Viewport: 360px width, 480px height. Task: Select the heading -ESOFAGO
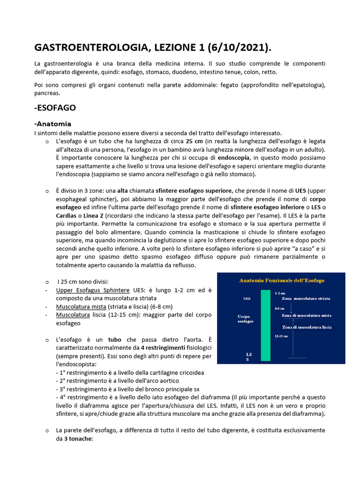[x=55, y=108]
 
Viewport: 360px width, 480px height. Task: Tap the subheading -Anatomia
[x=53, y=124]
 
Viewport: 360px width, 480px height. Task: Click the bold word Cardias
[x=67, y=216]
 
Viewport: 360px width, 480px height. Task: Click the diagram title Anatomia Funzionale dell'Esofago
[x=282, y=280]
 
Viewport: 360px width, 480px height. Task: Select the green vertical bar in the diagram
[x=265, y=325]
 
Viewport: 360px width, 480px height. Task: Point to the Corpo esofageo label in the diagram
[x=246, y=319]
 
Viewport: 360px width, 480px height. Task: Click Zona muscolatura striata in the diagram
[x=306, y=298]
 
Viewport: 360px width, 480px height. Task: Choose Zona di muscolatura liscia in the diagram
[x=307, y=327]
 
